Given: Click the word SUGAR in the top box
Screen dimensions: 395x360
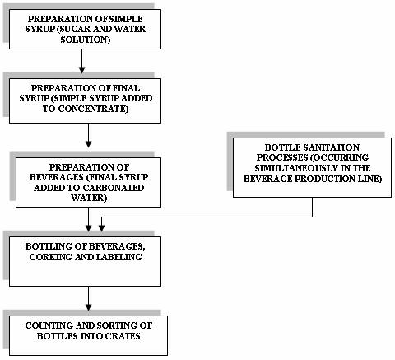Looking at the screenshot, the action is pyautogui.click(x=72, y=29).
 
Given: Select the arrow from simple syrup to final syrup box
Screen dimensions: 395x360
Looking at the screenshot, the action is pyautogui.click(x=81, y=62).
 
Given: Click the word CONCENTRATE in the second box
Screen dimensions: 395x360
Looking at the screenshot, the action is pyautogui.click(x=93, y=109).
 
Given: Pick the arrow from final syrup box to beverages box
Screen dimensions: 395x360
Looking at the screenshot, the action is pyautogui.click(x=88, y=136).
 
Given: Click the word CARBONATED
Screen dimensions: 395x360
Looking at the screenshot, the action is pyautogui.click(x=114, y=188).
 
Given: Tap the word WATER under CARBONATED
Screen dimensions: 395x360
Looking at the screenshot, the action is pyautogui.click(x=88, y=198).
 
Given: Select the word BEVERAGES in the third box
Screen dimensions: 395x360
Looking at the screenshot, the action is pyautogui.click(x=57, y=177).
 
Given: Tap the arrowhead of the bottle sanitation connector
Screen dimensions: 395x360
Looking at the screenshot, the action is pyautogui.click(x=101, y=228).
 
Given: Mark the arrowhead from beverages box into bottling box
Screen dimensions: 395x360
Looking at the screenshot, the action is pyautogui.click(x=88, y=228).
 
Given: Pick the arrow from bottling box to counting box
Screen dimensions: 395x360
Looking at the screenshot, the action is pyautogui.click(x=88, y=299).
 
